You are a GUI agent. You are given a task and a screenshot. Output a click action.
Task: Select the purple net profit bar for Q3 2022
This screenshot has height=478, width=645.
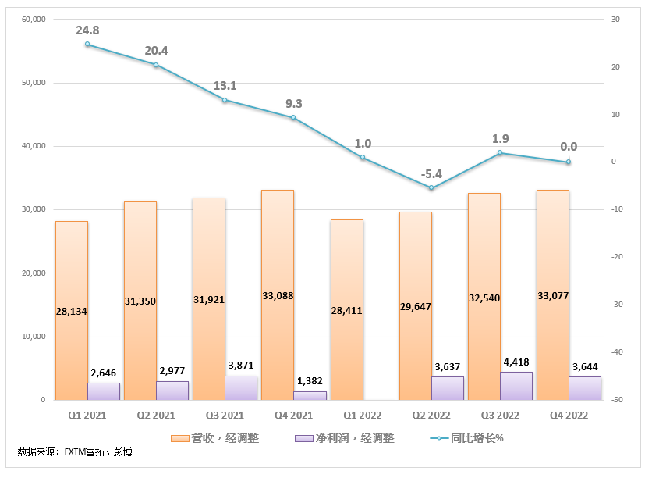click(x=516, y=386)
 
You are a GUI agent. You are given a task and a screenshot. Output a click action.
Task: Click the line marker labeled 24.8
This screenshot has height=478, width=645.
click(x=87, y=44)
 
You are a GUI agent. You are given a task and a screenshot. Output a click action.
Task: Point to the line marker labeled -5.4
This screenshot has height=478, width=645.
click(x=431, y=187)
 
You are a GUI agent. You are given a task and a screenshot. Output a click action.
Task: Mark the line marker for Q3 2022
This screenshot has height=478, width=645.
click(x=500, y=153)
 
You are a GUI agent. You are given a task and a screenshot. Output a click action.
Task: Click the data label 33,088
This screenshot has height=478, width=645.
click(x=278, y=296)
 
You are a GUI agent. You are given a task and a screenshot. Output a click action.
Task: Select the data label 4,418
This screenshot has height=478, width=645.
click(x=516, y=362)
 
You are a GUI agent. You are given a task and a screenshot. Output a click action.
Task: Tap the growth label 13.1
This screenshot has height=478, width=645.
click(x=225, y=86)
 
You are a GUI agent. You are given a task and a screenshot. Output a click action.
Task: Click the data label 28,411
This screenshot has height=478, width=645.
click(x=346, y=310)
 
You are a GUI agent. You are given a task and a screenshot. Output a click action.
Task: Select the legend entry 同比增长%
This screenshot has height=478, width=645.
click(x=468, y=438)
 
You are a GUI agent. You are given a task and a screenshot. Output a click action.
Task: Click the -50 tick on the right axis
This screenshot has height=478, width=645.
click(x=615, y=400)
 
